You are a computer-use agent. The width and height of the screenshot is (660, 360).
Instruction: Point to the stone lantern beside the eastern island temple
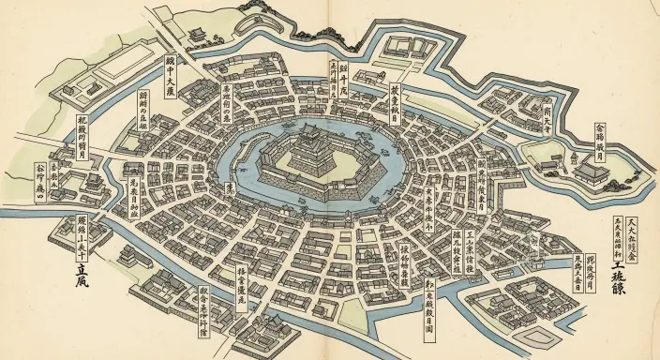(x=565, y=172)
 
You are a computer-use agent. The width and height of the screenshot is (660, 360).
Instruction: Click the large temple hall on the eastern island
(x=592, y=171)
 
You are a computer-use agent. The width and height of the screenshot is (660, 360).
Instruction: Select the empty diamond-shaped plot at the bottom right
(x=535, y=335)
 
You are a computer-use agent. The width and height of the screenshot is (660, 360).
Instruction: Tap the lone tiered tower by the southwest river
(x=91, y=181)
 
